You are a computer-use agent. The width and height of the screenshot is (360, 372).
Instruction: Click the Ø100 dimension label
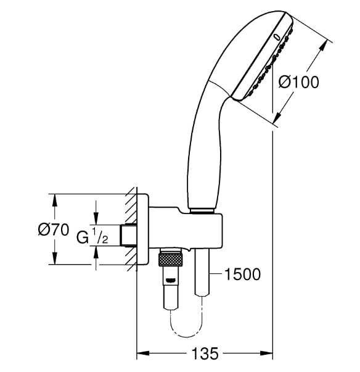[x=299, y=81]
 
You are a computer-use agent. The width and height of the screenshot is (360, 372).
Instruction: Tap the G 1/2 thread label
[x=92, y=236]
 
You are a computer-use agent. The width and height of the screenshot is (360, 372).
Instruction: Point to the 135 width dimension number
[x=204, y=353]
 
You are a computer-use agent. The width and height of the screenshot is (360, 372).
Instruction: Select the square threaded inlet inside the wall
[x=129, y=235]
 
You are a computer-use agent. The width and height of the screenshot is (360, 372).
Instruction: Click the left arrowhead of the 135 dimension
[x=140, y=354]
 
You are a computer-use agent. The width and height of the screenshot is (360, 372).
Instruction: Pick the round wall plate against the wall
[x=142, y=229]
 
